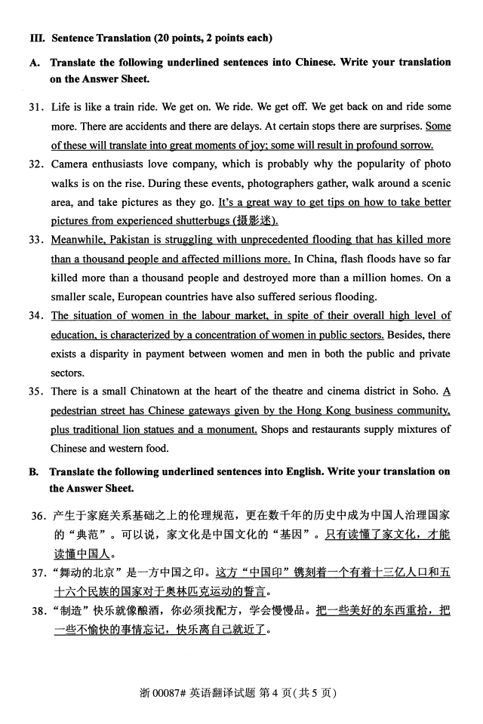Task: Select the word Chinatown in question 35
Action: [167, 391]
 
